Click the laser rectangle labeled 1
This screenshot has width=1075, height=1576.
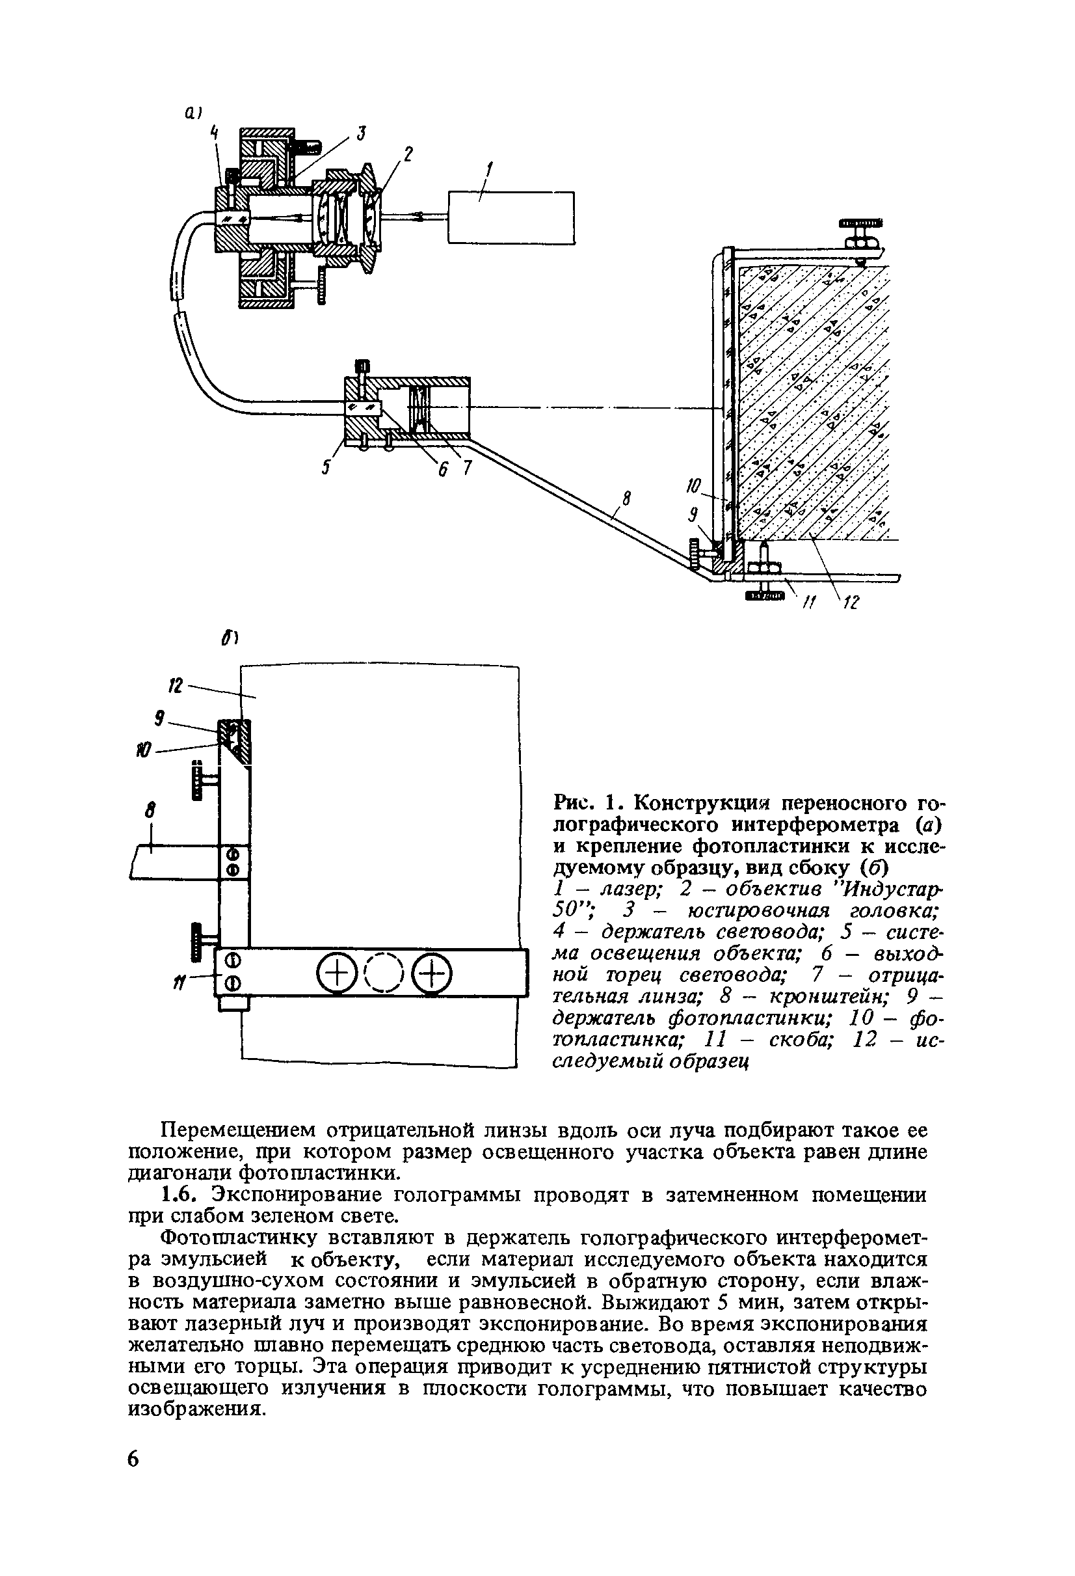tap(511, 217)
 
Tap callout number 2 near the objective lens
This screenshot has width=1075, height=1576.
tap(407, 154)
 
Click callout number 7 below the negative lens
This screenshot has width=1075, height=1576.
tap(466, 468)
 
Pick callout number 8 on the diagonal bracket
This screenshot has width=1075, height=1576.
tap(626, 499)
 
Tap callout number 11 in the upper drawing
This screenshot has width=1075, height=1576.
tap(806, 601)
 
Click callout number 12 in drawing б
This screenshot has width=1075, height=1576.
tap(176, 686)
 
